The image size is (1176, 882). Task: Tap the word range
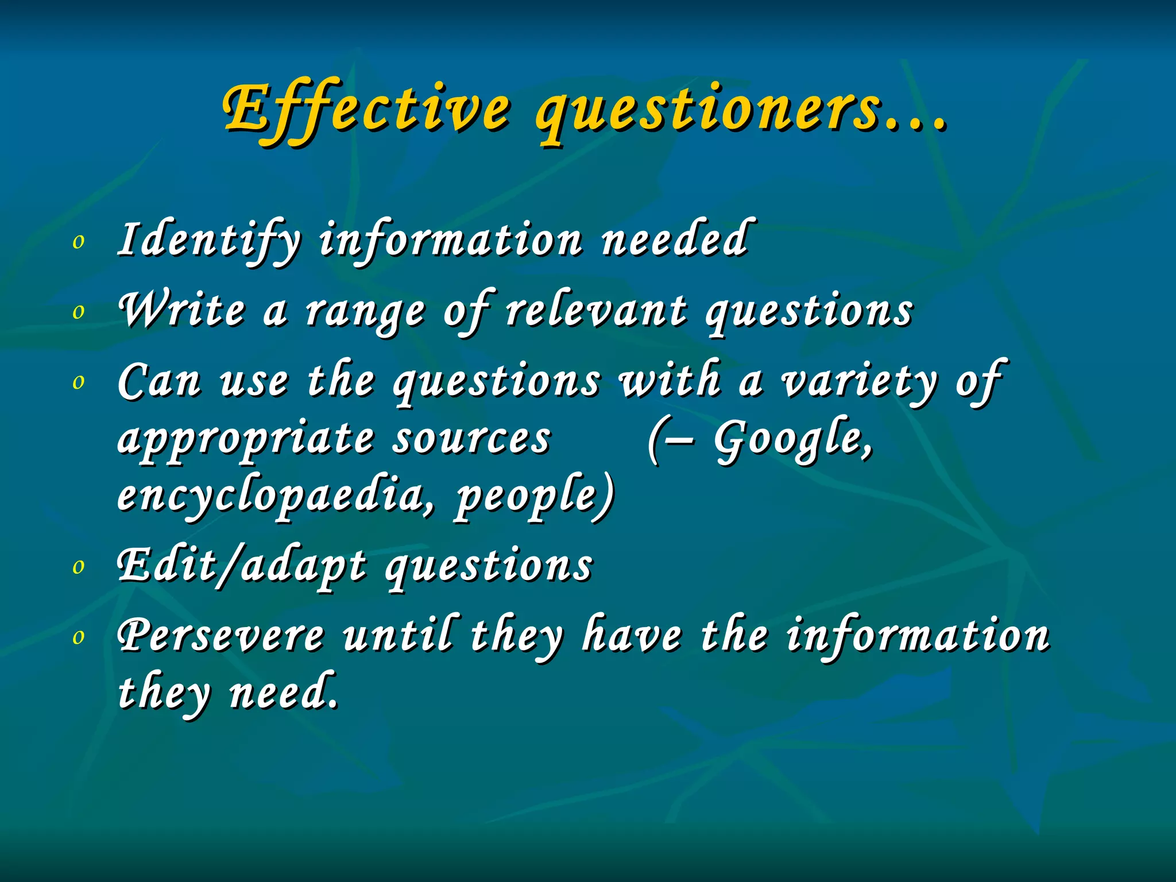(365, 313)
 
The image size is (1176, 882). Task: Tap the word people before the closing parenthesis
(528, 496)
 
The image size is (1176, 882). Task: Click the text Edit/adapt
(241, 566)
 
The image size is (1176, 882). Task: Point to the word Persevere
(220, 636)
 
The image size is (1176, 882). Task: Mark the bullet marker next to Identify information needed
(79, 242)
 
